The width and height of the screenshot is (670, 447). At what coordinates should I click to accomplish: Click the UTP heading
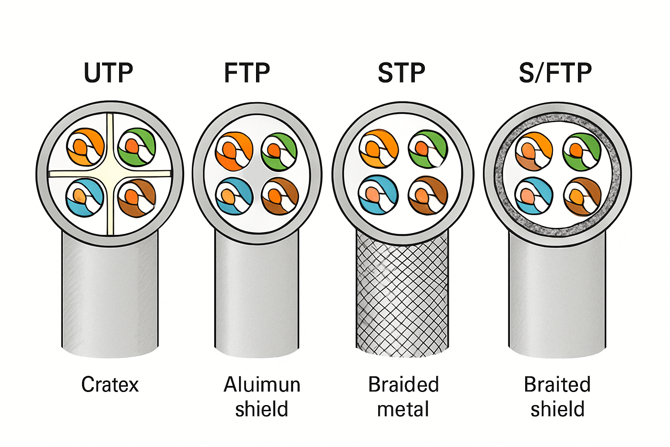point(108,73)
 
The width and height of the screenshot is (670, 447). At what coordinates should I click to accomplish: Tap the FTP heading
point(247,73)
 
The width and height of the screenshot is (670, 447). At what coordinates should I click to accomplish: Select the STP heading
point(401,73)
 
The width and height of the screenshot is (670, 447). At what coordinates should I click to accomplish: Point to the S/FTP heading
point(555,73)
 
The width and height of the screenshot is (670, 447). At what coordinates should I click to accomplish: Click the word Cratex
point(110,385)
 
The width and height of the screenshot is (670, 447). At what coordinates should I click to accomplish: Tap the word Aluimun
point(262,385)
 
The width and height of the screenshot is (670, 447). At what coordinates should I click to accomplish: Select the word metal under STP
point(403,409)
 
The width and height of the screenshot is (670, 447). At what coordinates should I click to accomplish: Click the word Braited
point(557,385)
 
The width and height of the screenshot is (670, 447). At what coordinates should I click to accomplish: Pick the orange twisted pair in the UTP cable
point(85,147)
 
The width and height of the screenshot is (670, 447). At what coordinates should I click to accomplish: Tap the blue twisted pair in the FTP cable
point(234,196)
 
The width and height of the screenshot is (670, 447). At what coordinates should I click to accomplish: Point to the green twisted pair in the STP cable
point(428,149)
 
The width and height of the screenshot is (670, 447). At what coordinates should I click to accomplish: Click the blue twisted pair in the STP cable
point(378,195)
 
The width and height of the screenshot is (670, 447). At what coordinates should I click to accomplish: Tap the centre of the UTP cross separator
point(110,173)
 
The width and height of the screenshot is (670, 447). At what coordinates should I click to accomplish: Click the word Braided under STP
point(403,385)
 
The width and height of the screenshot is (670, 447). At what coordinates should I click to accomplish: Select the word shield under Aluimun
point(262,409)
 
